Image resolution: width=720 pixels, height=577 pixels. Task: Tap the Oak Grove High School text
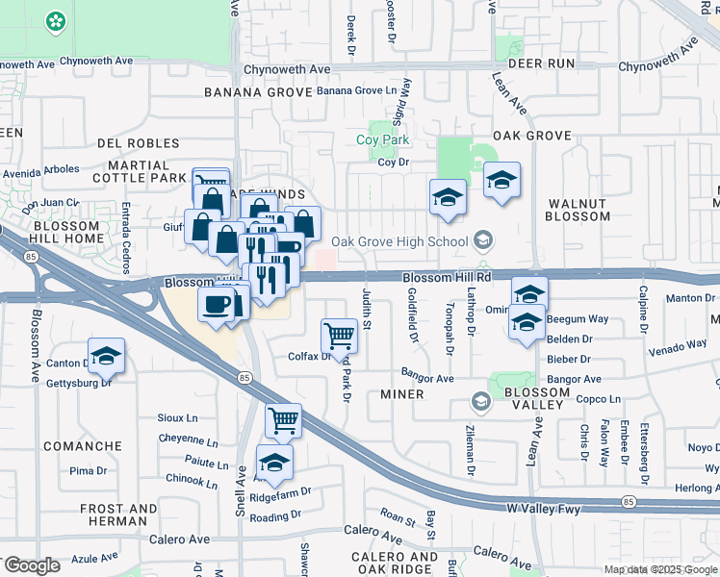[x=399, y=241]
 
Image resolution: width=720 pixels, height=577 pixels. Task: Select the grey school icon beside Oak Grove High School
[x=483, y=241]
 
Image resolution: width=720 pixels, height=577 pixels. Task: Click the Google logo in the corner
[x=31, y=565]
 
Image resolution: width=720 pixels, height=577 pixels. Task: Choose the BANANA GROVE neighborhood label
[x=253, y=92]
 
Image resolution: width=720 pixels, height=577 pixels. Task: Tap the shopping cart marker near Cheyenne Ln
[x=283, y=419]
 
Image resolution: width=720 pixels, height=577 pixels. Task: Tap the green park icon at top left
[x=56, y=20]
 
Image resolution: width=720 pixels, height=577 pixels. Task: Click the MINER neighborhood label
[x=402, y=394]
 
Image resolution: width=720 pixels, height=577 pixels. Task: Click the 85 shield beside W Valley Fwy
[x=628, y=502]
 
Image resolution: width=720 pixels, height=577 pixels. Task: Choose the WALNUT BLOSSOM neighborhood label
[x=579, y=210]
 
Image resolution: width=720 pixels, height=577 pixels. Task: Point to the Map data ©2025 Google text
[x=660, y=569]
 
